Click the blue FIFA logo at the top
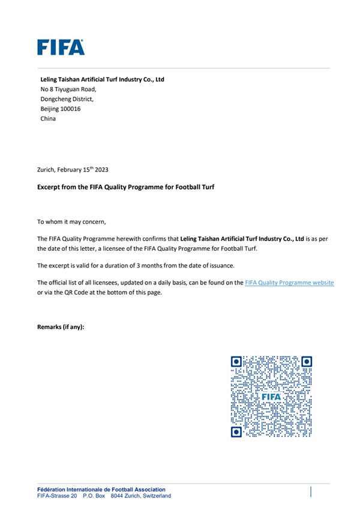[x=61, y=47]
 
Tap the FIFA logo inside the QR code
[x=272, y=397]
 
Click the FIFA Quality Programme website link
[x=289, y=282]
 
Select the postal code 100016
[x=70, y=109]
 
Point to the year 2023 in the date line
[x=100, y=170]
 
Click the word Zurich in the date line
[x=46, y=170]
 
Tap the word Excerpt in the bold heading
[x=49, y=187]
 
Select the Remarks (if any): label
[x=61, y=327]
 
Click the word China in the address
[x=47, y=119]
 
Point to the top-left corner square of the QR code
[x=236, y=361]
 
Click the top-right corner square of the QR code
[x=307, y=361]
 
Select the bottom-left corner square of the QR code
[x=236, y=431]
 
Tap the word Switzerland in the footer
[x=155, y=496]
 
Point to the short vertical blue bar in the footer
[x=311, y=492]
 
